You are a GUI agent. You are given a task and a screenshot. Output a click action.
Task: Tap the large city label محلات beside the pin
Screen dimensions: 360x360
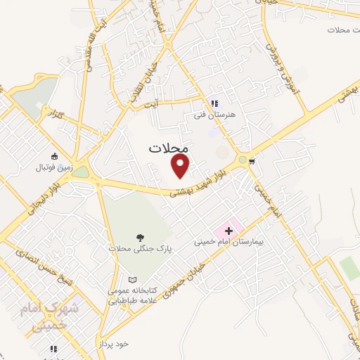pyautogui.click(x=169, y=148)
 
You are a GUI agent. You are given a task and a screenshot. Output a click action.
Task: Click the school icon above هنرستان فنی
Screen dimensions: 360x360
pyautogui.click(x=214, y=103)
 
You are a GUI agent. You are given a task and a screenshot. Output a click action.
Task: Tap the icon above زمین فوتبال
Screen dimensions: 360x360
pyautogui.click(x=54, y=156)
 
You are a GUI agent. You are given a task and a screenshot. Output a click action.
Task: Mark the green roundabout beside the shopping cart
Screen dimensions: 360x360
pyautogui.click(x=243, y=160)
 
